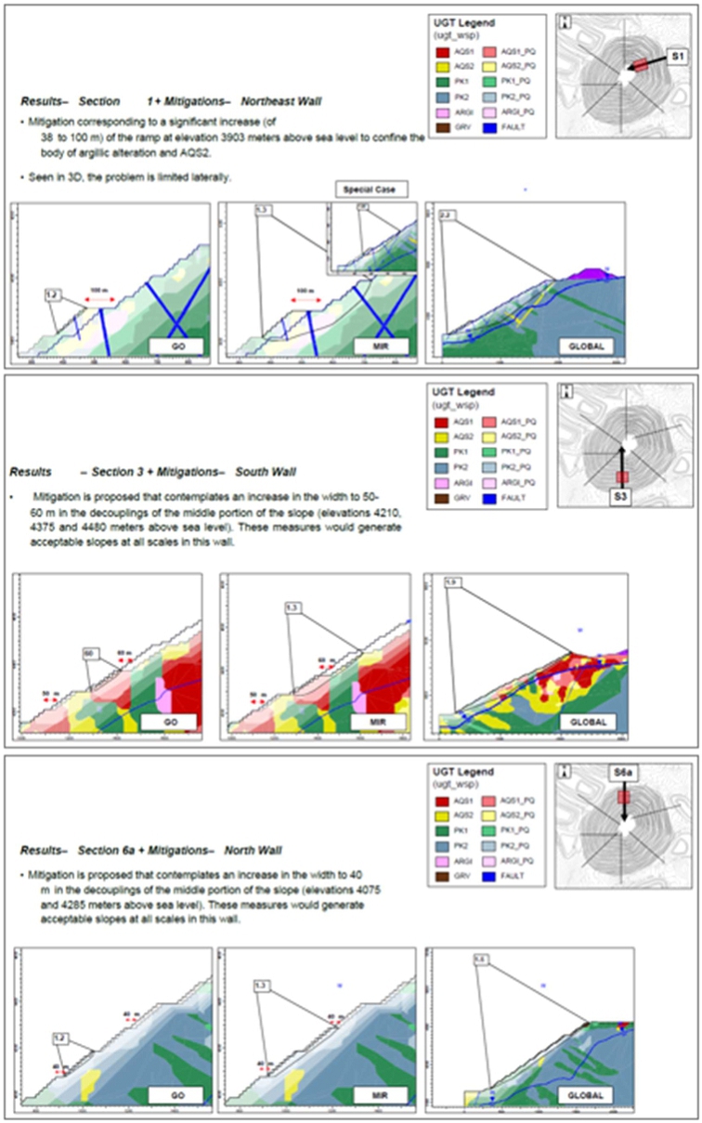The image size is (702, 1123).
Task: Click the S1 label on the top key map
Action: tap(679, 57)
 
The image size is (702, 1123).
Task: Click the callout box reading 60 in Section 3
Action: tap(90, 653)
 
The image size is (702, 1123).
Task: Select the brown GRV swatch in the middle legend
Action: tap(441, 500)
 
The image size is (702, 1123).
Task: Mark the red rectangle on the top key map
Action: tap(637, 66)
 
